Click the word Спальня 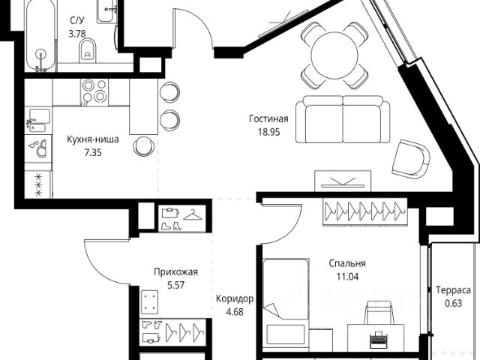tap(347, 264)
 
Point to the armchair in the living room tap(412, 157)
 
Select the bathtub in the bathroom tap(40, 37)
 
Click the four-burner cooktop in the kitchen tap(94, 91)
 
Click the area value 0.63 tap(453, 303)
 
